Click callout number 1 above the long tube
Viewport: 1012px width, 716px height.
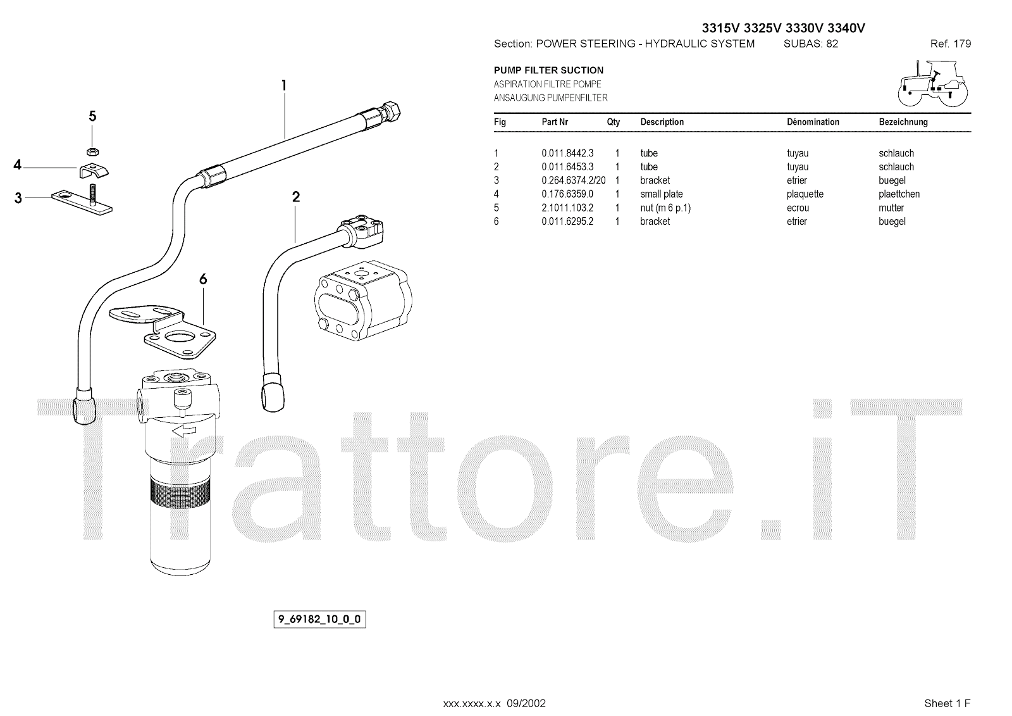coord(284,85)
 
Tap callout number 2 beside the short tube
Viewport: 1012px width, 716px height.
coord(295,197)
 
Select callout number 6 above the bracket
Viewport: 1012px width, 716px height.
coord(203,279)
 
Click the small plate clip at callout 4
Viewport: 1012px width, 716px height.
coord(92,170)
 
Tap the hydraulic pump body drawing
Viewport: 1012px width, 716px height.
coord(362,300)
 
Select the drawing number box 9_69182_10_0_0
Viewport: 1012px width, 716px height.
coord(320,619)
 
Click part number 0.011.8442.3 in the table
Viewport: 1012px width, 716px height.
coord(567,153)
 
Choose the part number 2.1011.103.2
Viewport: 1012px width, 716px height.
coord(567,208)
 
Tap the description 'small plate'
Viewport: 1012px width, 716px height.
coord(661,194)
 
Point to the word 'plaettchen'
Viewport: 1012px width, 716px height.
coord(899,194)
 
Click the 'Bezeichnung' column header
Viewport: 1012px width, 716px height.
coord(903,122)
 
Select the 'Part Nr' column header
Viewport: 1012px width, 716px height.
coord(555,122)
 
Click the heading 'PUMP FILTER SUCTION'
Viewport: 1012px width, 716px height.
coord(548,70)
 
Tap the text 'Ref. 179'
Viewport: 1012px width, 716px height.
coord(950,44)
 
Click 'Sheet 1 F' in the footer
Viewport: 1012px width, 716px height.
coord(947,703)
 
